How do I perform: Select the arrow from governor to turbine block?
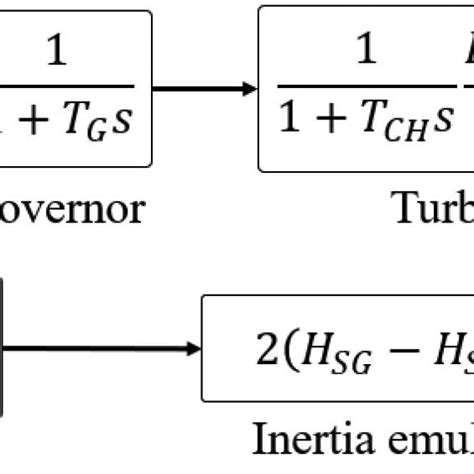click(205, 89)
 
